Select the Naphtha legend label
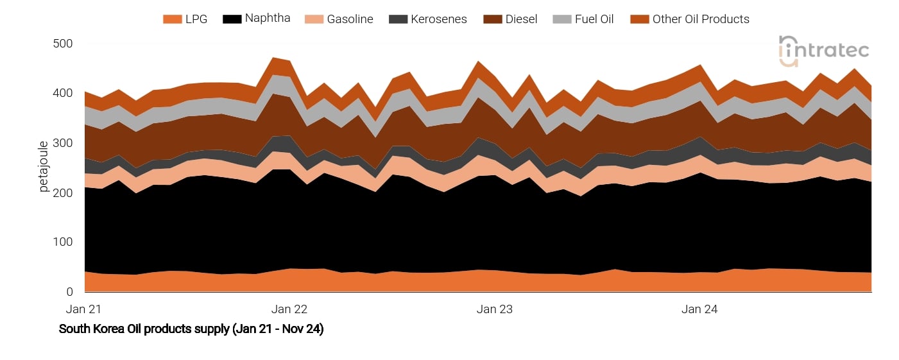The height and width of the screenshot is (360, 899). pos(268,19)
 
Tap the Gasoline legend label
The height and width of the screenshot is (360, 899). pos(350,19)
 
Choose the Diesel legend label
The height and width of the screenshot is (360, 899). pos(521,19)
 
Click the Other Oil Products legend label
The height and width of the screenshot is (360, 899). pos(701,19)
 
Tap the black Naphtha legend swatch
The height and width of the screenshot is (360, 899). pos(231,19)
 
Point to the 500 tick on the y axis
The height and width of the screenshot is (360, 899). pos(63,44)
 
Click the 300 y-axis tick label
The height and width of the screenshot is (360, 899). pos(63,143)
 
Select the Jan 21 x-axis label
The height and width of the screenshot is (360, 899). pos(84,309)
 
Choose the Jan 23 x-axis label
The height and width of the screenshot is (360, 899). pos(495,309)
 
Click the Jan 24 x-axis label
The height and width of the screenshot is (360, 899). pos(699,309)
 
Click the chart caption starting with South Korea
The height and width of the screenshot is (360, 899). pos(191,329)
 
